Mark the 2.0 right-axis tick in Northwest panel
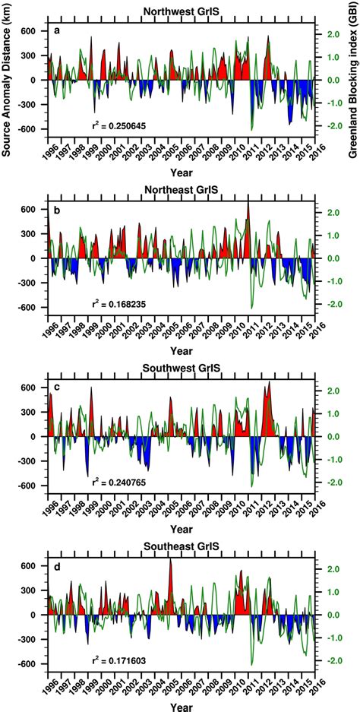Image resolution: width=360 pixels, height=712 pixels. (x=333, y=34)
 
